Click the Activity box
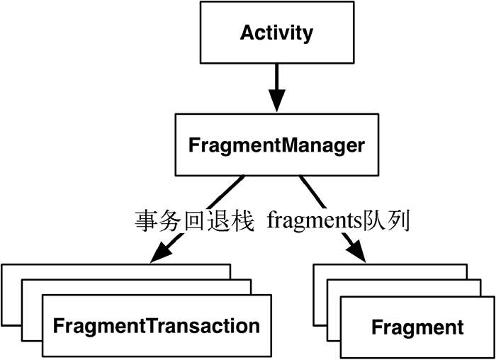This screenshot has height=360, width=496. point(276,34)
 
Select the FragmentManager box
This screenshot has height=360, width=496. point(276,146)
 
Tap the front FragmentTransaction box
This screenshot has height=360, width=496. point(157,327)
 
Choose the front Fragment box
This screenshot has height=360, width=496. point(417,327)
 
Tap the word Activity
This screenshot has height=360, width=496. point(276,33)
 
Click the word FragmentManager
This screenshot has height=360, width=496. point(276,146)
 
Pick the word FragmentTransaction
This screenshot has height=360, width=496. point(157,327)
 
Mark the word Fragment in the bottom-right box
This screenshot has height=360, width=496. point(417,328)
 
